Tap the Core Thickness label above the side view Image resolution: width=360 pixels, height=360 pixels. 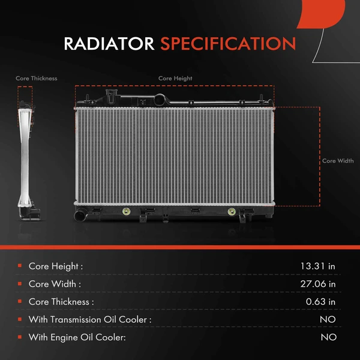[37, 79]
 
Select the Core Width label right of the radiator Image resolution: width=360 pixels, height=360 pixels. [338, 161]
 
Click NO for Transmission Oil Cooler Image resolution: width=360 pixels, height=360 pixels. [328, 320]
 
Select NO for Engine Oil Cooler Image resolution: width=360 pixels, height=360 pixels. [328, 338]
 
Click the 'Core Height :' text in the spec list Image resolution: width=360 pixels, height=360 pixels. [55, 266]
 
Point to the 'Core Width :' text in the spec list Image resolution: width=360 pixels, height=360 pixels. [54, 284]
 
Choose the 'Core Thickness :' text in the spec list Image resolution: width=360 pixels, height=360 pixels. [61, 302]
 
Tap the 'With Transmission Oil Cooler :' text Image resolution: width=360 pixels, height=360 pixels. [90, 320]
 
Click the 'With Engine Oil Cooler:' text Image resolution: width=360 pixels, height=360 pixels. [77, 338]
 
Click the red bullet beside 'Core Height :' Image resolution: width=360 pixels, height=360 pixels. [20, 266]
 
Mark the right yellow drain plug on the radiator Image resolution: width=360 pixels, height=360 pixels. [232, 212]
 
